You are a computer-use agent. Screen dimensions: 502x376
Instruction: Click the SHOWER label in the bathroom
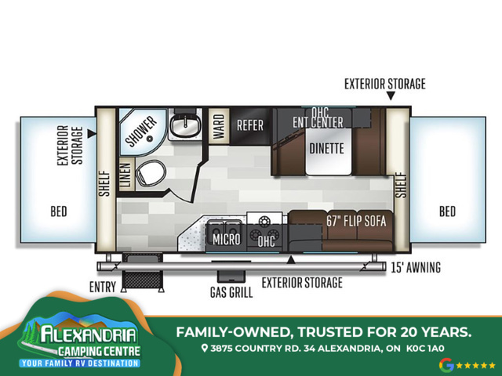click(x=141, y=131)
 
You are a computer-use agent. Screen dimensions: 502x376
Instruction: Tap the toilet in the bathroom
click(x=151, y=172)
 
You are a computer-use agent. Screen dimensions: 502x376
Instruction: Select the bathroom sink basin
click(x=185, y=125)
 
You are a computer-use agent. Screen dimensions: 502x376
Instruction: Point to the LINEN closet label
click(x=126, y=175)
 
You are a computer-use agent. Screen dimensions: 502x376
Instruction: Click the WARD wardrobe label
click(x=219, y=126)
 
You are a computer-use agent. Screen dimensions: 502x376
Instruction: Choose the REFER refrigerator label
click(x=250, y=125)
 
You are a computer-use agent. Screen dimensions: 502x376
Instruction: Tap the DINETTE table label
click(x=326, y=148)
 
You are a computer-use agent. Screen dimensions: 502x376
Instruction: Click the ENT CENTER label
click(x=318, y=122)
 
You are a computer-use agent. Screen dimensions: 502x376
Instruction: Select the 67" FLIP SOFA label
click(x=356, y=221)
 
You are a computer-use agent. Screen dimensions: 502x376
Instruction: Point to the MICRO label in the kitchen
click(x=227, y=239)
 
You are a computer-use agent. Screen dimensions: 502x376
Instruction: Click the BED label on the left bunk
click(x=59, y=211)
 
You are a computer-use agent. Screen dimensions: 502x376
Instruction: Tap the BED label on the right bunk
click(x=447, y=211)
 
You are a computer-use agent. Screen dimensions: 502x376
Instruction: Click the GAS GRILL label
click(x=231, y=292)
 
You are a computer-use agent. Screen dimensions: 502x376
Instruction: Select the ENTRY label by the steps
click(x=103, y=287)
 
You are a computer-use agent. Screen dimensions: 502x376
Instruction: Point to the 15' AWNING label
click(x=416, y=267)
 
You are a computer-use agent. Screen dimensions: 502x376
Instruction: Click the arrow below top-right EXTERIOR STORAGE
click(x=391, y=96)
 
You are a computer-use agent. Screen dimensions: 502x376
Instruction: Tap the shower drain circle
click(x=149, y=139)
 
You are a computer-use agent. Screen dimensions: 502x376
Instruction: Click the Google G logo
click(x=446, y=365)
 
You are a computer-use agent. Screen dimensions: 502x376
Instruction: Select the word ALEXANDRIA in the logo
click(x=88, y=335)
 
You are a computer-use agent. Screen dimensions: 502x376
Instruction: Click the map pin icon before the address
click(x=205, y=348)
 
